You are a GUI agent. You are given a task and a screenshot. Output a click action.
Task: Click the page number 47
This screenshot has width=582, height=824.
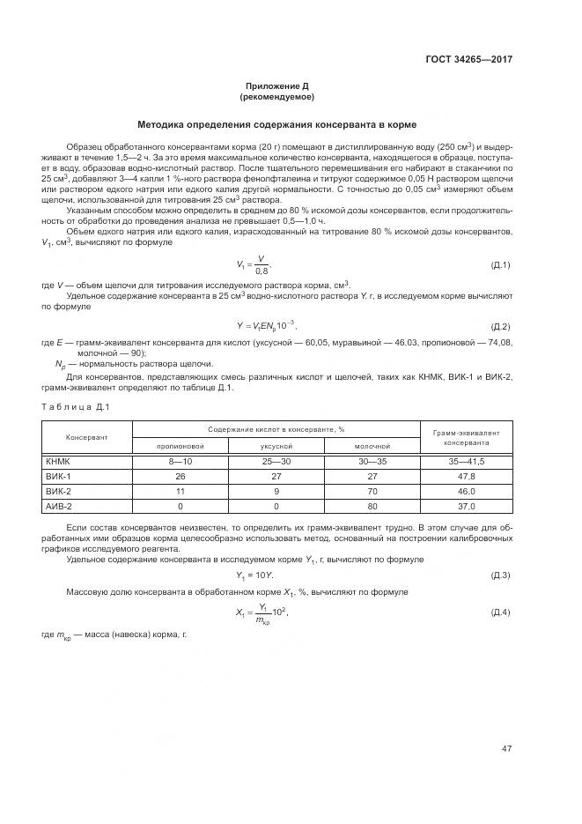pos(506,749)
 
